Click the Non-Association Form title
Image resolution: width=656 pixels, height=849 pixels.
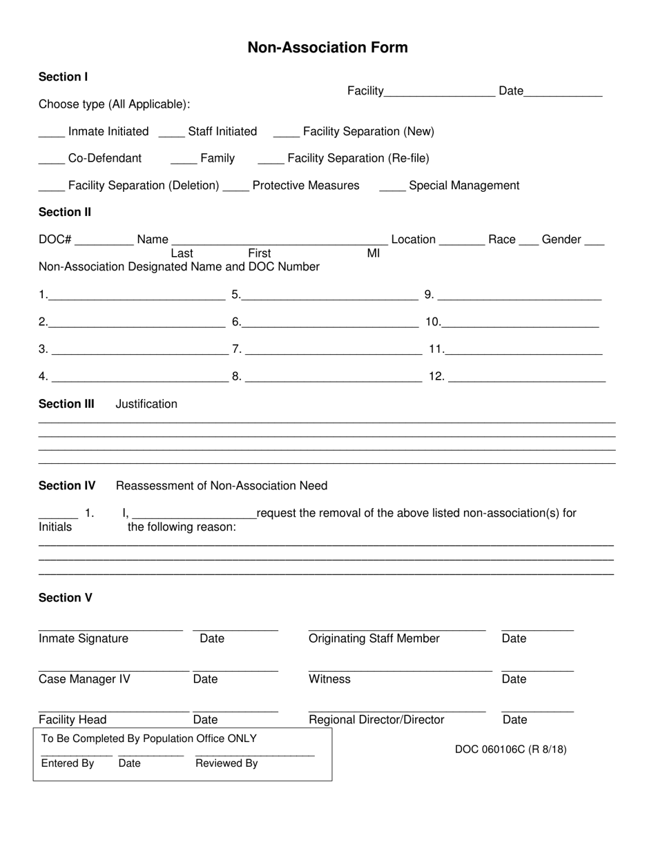click(327, 48)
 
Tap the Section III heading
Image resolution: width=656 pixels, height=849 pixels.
click(66, 404)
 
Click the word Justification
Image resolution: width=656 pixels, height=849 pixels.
click(146, 404)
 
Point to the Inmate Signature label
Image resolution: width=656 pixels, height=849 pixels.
click(84, 638)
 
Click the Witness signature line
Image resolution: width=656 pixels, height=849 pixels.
click(400, 669)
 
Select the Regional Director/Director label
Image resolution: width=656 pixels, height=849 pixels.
click(376, 720)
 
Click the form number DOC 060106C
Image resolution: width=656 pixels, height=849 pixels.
click(510, 750)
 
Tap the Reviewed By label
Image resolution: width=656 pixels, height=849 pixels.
click(226, 763)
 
